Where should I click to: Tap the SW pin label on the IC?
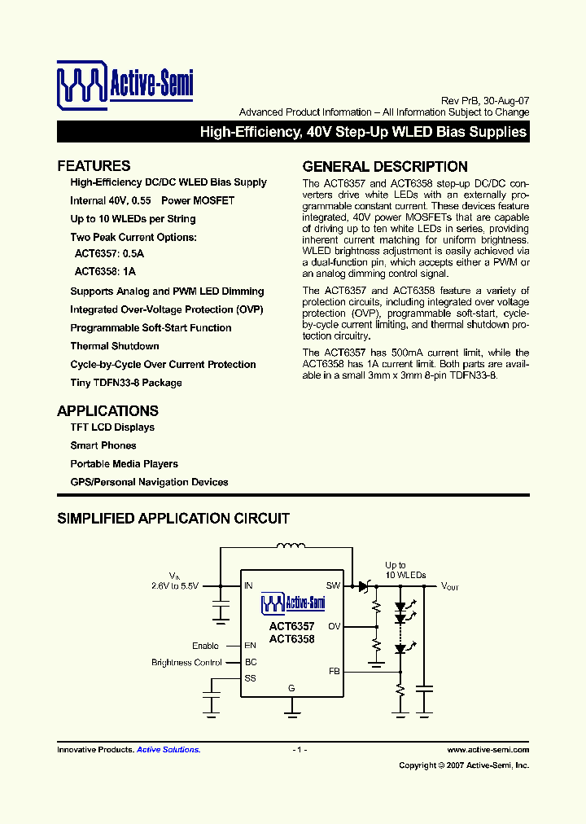tap(333, 585)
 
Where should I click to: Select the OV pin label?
tap(334, 626)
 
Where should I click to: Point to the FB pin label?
tap(334, 672)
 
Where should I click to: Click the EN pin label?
tap(251, 646)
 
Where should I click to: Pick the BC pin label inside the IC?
tap(251, 662)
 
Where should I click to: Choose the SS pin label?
tap(251, 677)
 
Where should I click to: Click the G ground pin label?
tap(291, 688)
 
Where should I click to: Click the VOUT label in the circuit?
tap(450, 585)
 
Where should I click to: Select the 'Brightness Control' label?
tap(186, 663)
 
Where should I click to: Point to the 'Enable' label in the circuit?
tap(205, 646)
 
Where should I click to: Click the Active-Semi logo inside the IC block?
tap(292, 603)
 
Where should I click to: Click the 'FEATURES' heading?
tap(94, 166)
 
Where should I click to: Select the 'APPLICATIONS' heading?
tap(107, 410)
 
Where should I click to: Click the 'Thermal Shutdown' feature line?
tap(115, 346)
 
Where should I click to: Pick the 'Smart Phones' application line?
tap(103, 445)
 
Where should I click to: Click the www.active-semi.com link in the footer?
tap(488, 749)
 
